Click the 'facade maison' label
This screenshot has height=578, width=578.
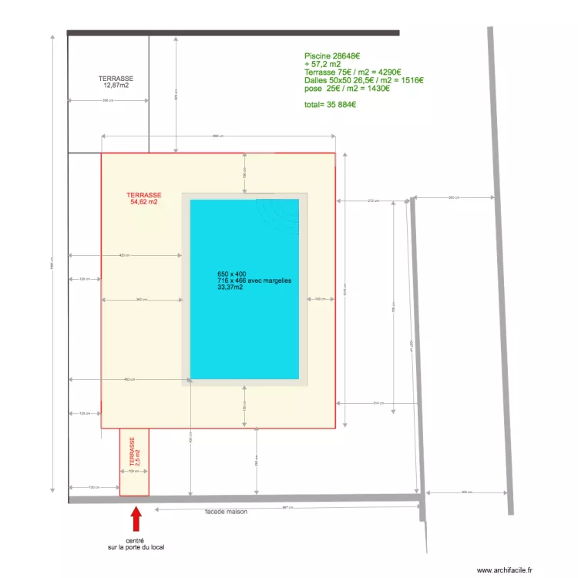point(226,512)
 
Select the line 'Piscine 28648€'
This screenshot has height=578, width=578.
point(332,56)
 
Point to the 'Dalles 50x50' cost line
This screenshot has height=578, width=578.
point(364,80)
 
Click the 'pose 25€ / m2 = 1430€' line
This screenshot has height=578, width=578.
point(347,89)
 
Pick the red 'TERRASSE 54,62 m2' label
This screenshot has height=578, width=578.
point(144,199)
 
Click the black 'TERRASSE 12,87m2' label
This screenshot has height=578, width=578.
point(116,82)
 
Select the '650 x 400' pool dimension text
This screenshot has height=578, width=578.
point(232,274)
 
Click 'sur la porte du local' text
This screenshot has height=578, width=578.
point(136,548)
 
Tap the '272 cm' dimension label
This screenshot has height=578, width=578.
point(374,201)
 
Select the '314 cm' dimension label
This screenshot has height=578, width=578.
point(378,403)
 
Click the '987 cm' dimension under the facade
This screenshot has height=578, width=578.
point(284,507)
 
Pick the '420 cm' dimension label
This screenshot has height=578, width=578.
point(124,255)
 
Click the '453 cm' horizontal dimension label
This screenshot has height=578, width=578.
point(129,379)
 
